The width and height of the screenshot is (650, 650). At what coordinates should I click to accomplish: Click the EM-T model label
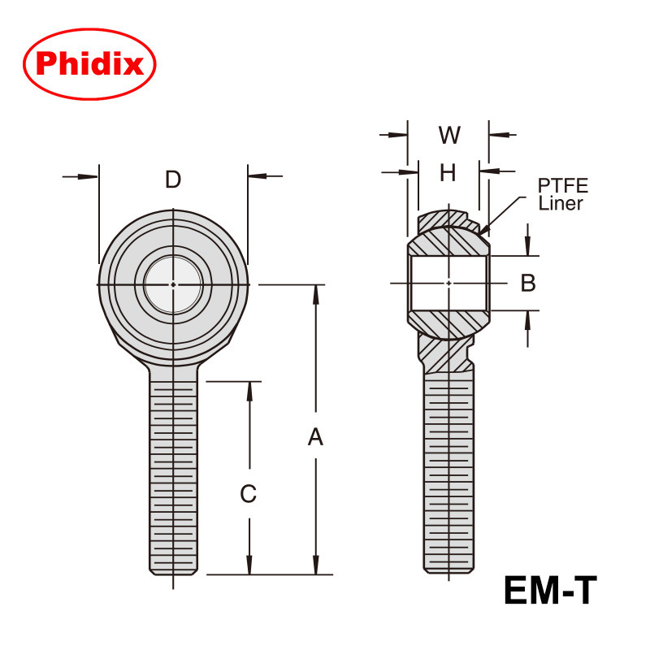tap(550, 591)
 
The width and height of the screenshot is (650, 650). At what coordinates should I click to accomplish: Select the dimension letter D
tap(172, 180)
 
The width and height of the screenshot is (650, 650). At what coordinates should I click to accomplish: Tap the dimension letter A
tap(315, 438)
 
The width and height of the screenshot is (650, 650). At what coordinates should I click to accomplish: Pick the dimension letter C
tap(249, 493)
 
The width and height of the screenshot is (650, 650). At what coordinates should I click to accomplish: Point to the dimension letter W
tap(449, 135)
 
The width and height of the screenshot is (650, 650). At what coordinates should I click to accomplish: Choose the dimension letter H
tap(448, 171)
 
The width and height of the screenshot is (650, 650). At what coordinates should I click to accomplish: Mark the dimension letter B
tap(528, 283)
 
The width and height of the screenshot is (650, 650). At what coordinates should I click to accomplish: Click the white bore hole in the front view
tap(173, 284)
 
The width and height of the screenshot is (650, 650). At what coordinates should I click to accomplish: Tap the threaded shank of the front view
tap(172, 471)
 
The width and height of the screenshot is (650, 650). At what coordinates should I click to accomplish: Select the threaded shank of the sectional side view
tap(448, 471)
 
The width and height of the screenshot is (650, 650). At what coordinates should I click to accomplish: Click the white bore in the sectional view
tap(448, 283)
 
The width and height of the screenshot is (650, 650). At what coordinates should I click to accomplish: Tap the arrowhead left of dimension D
tap(91, 175)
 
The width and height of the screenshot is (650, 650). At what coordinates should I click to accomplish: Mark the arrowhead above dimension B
tap(528, 249)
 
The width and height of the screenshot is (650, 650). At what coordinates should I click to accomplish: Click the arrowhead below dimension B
tap(528, 317)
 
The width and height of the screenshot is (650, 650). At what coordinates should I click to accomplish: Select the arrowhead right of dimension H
tap(485, 171)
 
